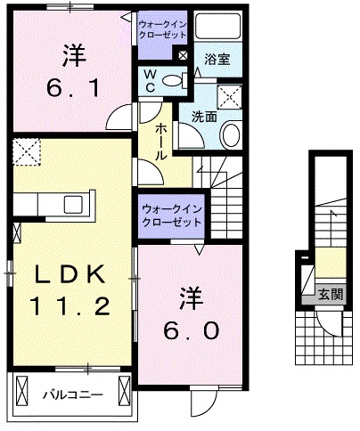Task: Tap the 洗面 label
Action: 204,116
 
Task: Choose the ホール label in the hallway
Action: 160,142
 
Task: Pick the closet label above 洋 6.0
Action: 170,215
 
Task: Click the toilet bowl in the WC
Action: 175,81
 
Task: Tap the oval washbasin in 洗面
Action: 229,135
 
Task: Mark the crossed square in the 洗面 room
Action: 231,97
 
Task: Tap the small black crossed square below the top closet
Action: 183,55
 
